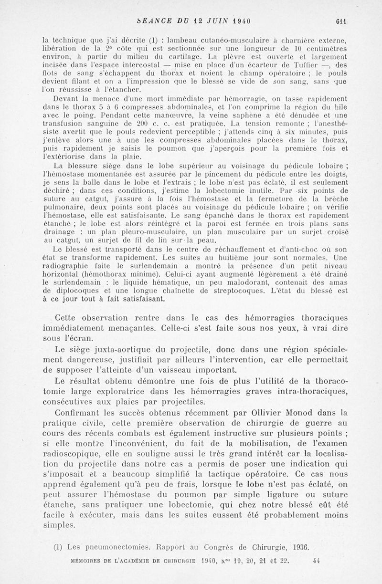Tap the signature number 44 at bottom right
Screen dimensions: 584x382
pyautogui.click(x=316, y=561)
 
